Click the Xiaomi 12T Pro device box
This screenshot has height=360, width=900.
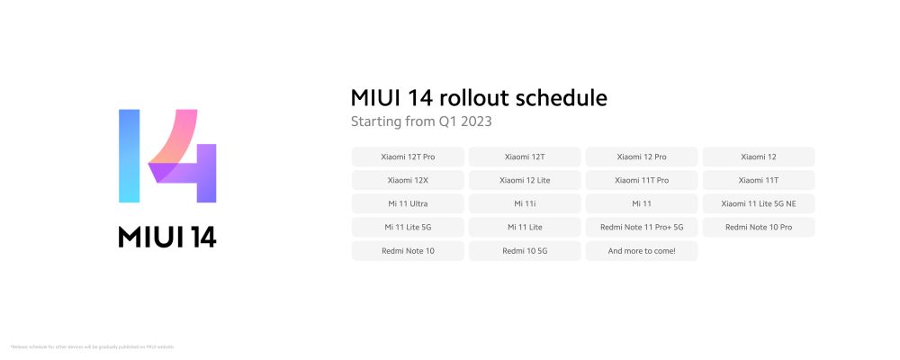click(408, 157)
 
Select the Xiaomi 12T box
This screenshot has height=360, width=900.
click(525, 157)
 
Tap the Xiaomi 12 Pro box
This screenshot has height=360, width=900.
click(642, 157)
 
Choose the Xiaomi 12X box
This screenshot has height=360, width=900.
click(408, 180)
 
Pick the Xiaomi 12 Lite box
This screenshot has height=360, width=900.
click(525, 180)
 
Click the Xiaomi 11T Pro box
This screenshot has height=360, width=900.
click(642, 180)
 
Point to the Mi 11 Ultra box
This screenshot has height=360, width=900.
click(408, 203)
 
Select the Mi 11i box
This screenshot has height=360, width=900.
click(525, 203)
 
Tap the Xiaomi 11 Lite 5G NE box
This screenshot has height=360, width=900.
click(759, 203)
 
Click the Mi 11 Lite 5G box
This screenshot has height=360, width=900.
click(408, 227)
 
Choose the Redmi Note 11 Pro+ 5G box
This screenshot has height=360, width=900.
click(642, 227)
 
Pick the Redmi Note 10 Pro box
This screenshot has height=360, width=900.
click(759, 227)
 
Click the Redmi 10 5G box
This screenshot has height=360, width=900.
click(525, 250)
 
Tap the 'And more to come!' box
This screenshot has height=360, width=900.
click(642, 250)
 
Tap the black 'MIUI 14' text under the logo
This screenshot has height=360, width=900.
click(167, 236)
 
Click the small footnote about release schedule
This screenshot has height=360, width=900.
click(92, 346)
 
